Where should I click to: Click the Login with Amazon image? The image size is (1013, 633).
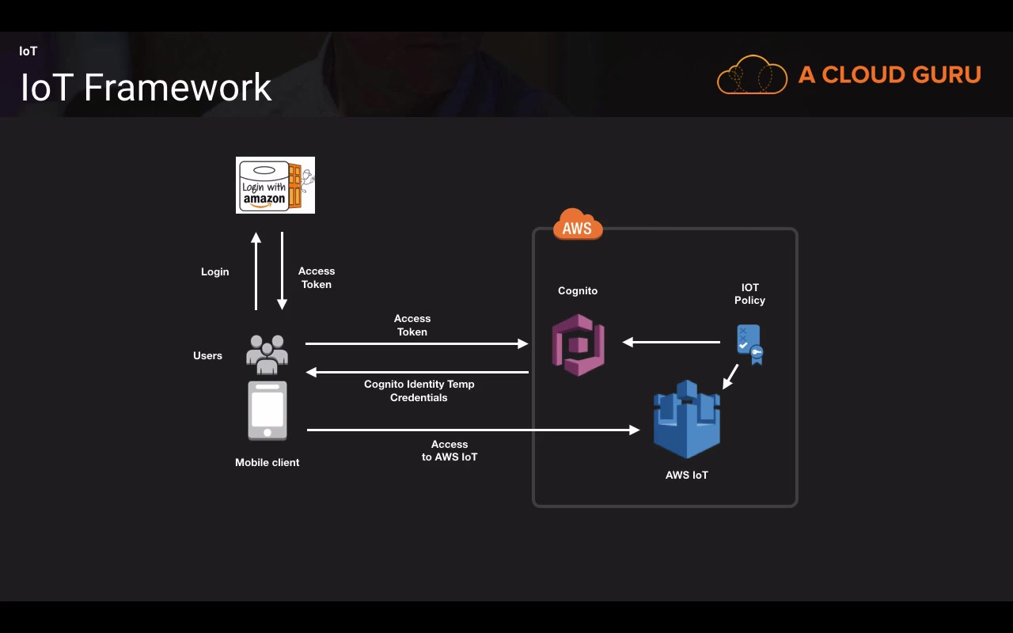pyautogui.click(x=275, y=185)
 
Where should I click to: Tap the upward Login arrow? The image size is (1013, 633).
pyautogui.click(x=256, y=271)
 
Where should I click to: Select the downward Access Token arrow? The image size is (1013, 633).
pyautogui.click(x=282, y=271)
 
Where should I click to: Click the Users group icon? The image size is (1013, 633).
pyautogui.click(x=267, y=354)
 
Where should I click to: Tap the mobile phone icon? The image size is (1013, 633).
pyautogui.click(x=267, y=411)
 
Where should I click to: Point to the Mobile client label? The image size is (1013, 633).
pyautogui.click(x=267, y=462)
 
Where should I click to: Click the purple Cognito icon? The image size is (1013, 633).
pyautogui.click(x=579, y=344)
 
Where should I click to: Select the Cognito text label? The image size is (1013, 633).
pyautogui.click(x=578, y=291)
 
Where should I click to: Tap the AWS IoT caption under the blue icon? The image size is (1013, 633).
pyautogui.click(x=687, y=476)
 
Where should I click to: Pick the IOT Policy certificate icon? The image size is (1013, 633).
pyautogui.click(x=749, y=344)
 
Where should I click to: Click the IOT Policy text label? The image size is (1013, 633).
pyautogui.click(x=749, y=294)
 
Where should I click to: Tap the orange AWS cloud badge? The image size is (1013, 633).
pyautogui.click(x=578, y=225)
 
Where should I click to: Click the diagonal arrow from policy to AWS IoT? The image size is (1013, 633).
pyautogui.click(x=730, y=377)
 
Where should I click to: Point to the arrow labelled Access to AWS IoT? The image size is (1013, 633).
pyautogui.click(x=473, y=430)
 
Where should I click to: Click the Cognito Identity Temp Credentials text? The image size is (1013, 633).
pyautogui.click(x=419, y=391)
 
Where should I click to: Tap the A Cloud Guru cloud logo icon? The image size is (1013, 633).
pyautogui.click(x=752, y=75)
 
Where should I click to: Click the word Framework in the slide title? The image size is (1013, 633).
pyautogui.click(x=178, y=87)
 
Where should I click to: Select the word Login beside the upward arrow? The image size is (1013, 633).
pyautogui.click(x=214, y=272)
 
